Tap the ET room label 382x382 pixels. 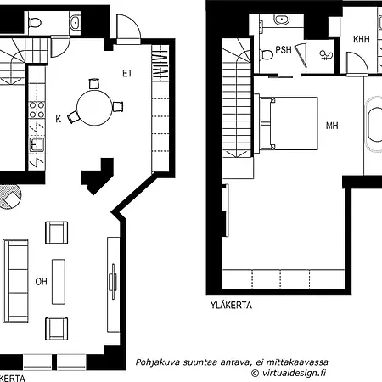127,74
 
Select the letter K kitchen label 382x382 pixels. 59,119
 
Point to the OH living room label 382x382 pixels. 42,282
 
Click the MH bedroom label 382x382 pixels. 332,126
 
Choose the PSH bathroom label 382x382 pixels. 284,50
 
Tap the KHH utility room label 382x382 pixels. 362,39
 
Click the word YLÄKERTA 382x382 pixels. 231,305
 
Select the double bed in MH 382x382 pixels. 288,123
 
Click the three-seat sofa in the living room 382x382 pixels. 15,281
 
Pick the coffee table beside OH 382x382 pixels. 59,282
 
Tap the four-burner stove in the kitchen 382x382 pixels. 37,110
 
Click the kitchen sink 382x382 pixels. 37,144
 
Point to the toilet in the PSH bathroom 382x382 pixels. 266,54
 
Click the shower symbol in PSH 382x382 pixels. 326,55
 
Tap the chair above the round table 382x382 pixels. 94,84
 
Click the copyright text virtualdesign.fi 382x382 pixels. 289,373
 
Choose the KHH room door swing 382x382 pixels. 357,65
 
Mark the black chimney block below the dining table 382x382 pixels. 98,176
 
